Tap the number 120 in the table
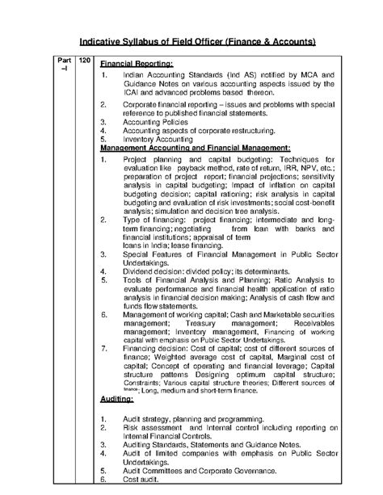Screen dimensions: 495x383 click(83, 61)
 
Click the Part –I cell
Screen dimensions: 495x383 click(64, 66)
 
